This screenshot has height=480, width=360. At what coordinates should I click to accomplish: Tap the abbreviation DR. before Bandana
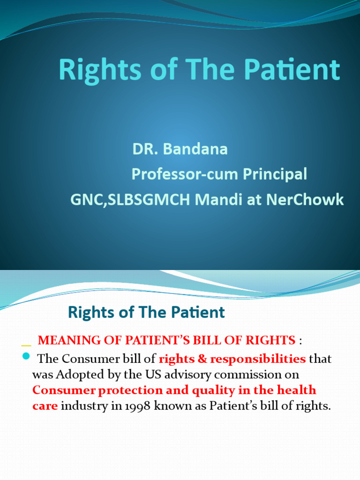click(x=149, y=150)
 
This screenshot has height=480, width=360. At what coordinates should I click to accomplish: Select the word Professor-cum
click(x=185, y=174)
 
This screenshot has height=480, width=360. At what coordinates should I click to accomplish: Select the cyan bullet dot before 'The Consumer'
click(x=26, y=357)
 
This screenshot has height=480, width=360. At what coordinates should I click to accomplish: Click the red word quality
click(x=222, y=390)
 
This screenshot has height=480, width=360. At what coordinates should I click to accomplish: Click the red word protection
click(x=137, y=390)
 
